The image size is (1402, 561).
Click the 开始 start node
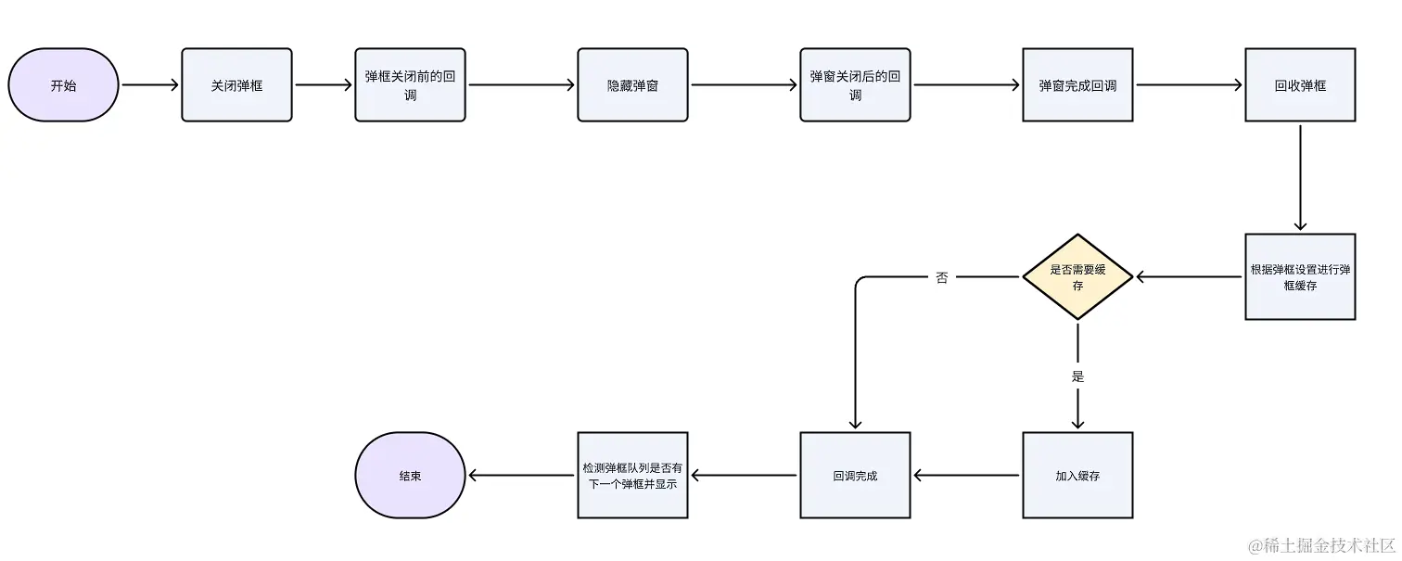tap(64, 85)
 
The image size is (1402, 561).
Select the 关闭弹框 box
tap(236, 85)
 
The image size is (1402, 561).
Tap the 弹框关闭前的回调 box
tap(410, 85)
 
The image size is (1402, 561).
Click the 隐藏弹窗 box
tap(632, 85)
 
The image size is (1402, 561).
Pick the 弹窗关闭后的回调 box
tap(855, 85)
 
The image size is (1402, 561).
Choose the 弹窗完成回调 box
tap(1077, 85)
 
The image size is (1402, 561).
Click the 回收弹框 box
tap(1300, 85)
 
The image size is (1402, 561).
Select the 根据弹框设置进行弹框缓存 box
tap(1300, 277)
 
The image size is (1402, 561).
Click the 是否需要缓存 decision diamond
tap(1077, 277)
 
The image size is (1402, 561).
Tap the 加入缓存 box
tap(1077, 476)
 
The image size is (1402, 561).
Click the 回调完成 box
tap(855, 476)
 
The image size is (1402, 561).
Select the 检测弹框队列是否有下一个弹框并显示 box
tap(632, 476)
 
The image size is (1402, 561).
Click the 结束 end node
tap(410, 476)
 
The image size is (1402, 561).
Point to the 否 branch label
tap(942, 277)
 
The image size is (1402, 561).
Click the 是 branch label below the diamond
tap(1077, 376)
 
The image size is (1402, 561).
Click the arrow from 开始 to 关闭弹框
tap(149, 85)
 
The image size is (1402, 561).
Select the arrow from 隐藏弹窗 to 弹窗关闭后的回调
tap(744, 85)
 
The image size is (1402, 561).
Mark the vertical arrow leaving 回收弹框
tap(1300, 176)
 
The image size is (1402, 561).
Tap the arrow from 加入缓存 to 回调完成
tap(966, 476)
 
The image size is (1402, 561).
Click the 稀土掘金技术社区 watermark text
tap(1321, 545)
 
